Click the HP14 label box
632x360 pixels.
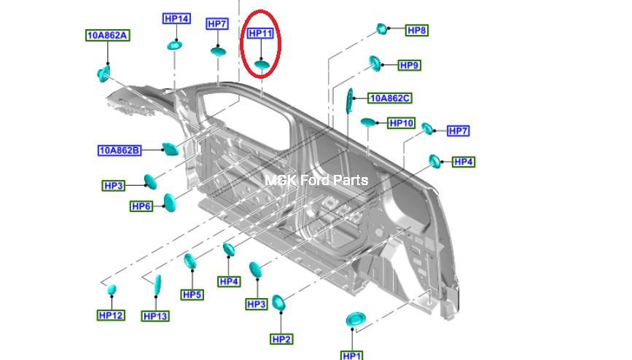tap(176, 18)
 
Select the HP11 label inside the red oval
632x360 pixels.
tap(260, 34)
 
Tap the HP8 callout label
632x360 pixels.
tap(417, 30)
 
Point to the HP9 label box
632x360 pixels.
tap(409, 66)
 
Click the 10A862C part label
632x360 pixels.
tap(390, 98)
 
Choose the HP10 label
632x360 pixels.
tap(402, 123)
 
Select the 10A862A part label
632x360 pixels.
tap(108, 36)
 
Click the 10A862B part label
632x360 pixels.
tap(120, 150)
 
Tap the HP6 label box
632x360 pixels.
tap(141, 206)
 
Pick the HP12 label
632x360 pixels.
tap(111, 316)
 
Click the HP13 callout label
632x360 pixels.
tap(155, 316)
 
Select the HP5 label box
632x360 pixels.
tap(192, 294)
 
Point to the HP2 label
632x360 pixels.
tap(281, 340)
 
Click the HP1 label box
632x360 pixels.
tap(352, 356)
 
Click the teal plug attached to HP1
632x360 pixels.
tap(356, 320)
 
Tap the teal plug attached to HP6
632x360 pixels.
tap(170, 203)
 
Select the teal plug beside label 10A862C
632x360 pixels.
tap(349, 101)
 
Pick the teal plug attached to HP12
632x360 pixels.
tap(112, 289)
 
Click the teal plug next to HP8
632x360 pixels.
tap(381, 28)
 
